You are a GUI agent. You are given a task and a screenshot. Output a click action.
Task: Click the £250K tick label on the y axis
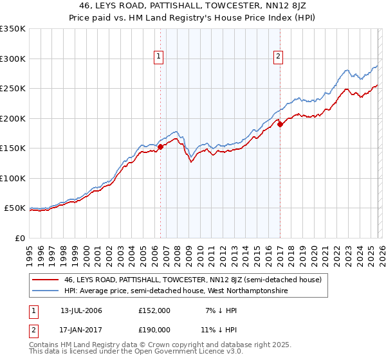click(13, 89)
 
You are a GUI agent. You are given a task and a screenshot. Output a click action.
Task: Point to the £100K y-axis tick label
click(13, 178)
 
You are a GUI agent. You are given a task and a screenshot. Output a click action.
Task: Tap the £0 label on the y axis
click(19, 238)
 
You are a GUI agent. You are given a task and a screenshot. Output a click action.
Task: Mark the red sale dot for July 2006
click(160, 147)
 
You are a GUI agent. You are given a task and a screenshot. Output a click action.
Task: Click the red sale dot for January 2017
click(280, 125)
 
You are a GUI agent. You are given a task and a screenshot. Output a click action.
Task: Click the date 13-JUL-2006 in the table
click(81, 310)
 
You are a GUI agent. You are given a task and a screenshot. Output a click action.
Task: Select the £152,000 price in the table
click(154, 310)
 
